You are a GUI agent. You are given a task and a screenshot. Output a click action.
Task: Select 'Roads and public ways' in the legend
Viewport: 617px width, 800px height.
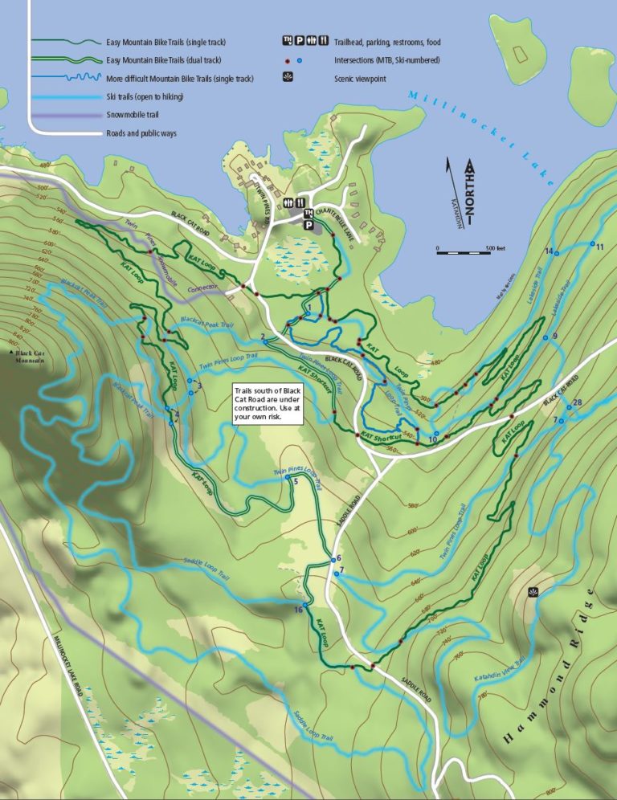[141, 133]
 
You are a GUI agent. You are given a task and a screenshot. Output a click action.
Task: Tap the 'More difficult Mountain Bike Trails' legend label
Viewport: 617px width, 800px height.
[180, 79]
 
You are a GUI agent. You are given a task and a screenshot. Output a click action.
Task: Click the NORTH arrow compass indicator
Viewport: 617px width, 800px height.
[470, 192]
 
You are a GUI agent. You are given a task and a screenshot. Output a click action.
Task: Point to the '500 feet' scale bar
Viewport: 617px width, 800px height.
[470, 249]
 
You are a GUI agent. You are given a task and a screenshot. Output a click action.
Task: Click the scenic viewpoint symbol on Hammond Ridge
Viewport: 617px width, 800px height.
[533, 592]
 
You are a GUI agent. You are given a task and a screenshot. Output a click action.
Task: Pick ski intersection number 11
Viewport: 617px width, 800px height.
[592, 244]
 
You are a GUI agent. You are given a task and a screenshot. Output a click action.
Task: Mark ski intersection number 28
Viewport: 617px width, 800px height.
[571, 404]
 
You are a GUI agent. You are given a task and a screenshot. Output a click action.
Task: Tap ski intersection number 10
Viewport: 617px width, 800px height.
[435, 434]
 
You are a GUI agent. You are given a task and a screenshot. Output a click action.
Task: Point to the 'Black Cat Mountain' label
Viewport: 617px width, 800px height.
[29, 356]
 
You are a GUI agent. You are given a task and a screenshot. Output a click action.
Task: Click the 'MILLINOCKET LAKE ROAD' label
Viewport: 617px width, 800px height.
[68, 665]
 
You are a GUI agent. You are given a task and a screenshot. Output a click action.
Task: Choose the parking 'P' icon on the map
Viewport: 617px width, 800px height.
[307, 226]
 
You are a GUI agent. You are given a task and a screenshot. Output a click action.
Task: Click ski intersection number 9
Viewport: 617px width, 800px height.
[545, 338]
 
